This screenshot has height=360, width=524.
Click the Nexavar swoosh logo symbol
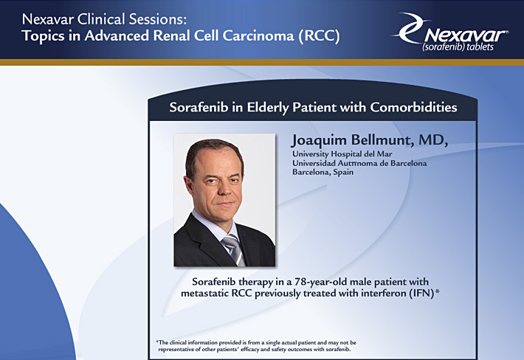(410, 28)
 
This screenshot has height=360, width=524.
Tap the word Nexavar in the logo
(466, 35)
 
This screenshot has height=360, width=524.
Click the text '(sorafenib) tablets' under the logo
(458, 47)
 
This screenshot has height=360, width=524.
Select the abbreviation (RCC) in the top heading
(319, 35)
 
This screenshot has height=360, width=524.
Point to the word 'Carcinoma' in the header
(258, 35)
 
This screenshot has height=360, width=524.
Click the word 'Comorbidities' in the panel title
(413, 107)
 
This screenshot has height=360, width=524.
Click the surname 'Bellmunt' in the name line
(379, 140)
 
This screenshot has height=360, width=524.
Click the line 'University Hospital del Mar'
(342, 154)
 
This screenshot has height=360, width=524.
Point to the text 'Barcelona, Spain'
(323, 173)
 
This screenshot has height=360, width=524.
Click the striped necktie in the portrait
(235, 249)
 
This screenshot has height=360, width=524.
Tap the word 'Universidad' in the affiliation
(314, 163)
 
